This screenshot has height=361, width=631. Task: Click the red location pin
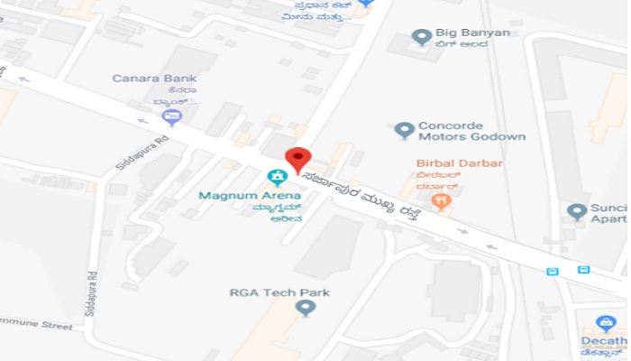click(x=297, y=157)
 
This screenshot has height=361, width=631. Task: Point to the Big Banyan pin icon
click(x=421, y=37)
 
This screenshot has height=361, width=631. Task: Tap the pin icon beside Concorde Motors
click(x=405, y=130)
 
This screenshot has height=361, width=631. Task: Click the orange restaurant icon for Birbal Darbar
click(x=441, y=202)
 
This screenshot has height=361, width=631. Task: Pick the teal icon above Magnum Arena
click(x=277, y=177)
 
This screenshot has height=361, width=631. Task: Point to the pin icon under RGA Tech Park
click(x=306, y=309)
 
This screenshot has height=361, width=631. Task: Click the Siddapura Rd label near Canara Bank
click(x=129, y=154)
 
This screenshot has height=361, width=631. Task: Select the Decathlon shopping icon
click(x=607, y=323)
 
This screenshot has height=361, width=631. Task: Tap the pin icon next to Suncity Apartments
click(x=577, y=212)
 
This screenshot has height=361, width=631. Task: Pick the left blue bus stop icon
click(x=553, y=271)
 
